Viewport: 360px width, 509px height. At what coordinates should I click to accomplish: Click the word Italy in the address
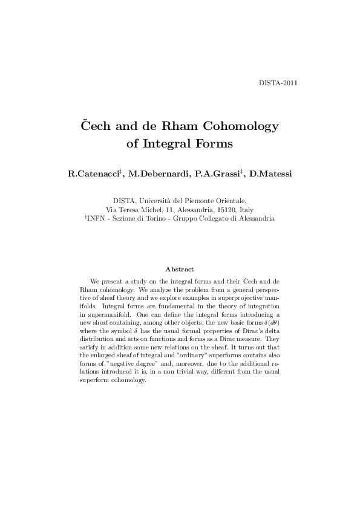246,210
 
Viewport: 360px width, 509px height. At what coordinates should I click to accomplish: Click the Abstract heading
179,269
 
